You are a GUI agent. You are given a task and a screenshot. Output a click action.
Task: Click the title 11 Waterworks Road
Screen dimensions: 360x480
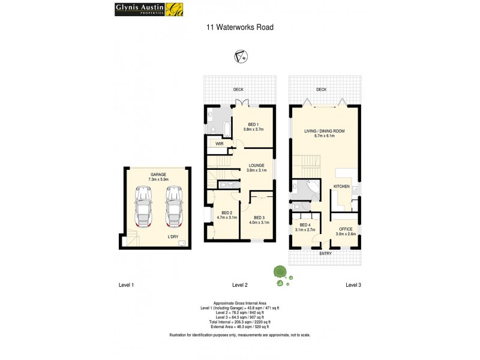pyautogui.click(x=240, y=27)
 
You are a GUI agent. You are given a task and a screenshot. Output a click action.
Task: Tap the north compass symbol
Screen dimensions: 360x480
pyautogui.click(x=240, y=57)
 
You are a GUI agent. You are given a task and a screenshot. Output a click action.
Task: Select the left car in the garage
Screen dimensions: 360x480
pyautogui.click(x=144, y=206)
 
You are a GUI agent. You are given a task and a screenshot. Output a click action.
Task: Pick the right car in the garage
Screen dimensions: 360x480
pyautogui.click(x=174, y=206)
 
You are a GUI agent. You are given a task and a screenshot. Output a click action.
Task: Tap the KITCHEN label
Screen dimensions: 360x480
pyautogui.click(x=341, y=187)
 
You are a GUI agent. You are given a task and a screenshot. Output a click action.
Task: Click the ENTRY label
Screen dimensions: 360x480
pyautogui.click(x=325, y=253)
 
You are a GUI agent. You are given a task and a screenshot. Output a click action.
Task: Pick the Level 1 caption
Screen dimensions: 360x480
pyautogui.click(x=126, y=284)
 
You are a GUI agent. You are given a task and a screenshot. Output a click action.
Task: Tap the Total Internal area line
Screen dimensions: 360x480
pyautogui.click(x=240, y=322)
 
